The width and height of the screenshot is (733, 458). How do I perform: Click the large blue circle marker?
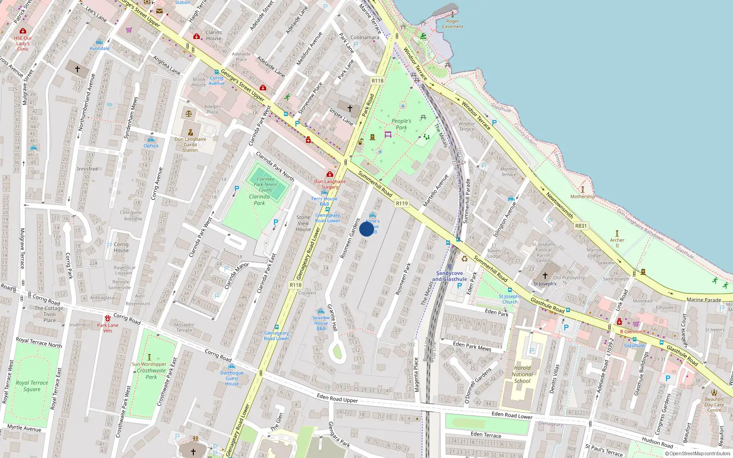click(366, 229)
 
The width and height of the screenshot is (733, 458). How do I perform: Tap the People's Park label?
click(401, 124)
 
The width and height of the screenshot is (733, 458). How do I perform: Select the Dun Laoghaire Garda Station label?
click(190, 144)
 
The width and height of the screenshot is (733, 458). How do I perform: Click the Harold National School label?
click(522, 374)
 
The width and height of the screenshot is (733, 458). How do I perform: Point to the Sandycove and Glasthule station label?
click(449, 276)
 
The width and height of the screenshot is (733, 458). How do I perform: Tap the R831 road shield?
click(580, 226)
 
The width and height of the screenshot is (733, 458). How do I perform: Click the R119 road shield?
click(402, 203)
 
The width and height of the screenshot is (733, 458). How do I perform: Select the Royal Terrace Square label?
click(32, 386)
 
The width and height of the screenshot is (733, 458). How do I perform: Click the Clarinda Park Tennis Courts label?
click(265, 185)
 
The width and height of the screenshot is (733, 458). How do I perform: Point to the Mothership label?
click(583, 196)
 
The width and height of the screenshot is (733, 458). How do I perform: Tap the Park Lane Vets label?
click(108, 328)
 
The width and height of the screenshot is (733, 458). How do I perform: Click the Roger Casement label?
click(453, 24)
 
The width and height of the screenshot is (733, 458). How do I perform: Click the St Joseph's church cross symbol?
click(545, 276)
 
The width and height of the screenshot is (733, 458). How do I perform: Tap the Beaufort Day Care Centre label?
click(714, 404)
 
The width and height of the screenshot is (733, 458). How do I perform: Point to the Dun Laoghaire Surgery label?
click(330, 184)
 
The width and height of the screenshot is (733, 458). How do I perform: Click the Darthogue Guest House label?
click(232, 378)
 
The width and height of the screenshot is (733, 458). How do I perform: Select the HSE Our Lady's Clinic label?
click(23, 44)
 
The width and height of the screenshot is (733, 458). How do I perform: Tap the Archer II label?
click(617, 243)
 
